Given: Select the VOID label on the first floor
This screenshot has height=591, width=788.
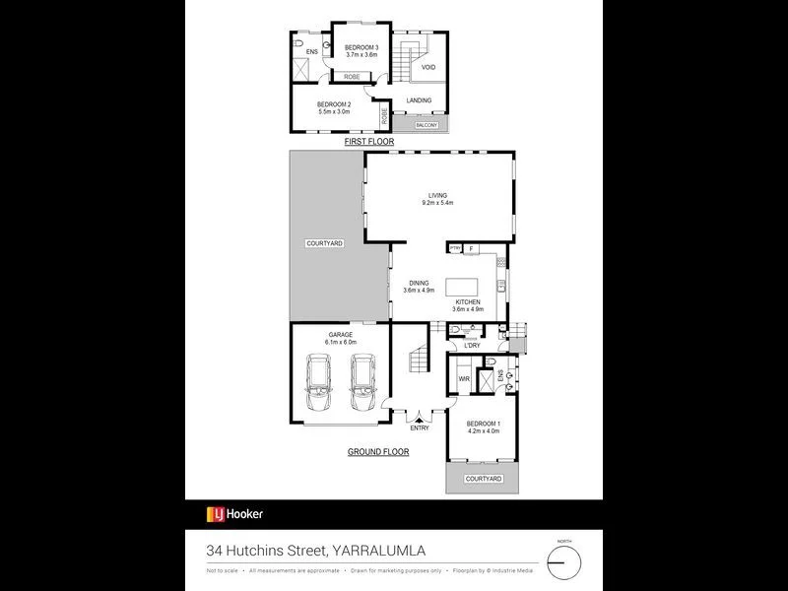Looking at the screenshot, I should pyautogui.click(x=428, y=67).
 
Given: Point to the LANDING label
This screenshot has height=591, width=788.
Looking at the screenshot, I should pyautogui.click(x=420, y=100).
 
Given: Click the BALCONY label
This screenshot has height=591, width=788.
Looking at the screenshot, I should pyautogui.click(x=426, y=125).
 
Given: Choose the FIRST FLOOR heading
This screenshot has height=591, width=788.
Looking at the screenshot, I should pyautogui.click(x=368, y=142).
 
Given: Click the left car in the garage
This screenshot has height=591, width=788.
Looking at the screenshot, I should pyautogui.click(x=320, y=383).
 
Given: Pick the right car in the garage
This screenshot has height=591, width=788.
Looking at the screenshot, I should pyautogui.click(x=362, y=383).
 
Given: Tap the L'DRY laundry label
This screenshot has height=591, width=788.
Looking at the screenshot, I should pyautogui.click(x=472, y=346).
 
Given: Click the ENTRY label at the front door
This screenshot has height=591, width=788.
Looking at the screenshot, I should pyautogui.click(x=419, y=427).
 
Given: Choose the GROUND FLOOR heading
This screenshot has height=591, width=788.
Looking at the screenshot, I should pyautogui.click(x=377, y=452).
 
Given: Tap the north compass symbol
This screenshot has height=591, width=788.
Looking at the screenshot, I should pyautogui.click(x=564, y=561).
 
